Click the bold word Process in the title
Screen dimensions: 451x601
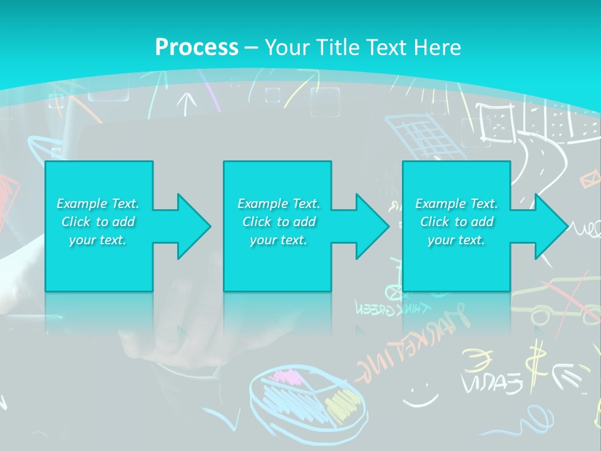(197, 47)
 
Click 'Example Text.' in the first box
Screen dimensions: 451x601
(98, 204)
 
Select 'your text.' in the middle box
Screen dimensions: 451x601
(278, 240)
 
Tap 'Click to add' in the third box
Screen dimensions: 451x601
(456, 222)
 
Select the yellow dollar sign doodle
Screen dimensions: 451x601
(535, 363)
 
